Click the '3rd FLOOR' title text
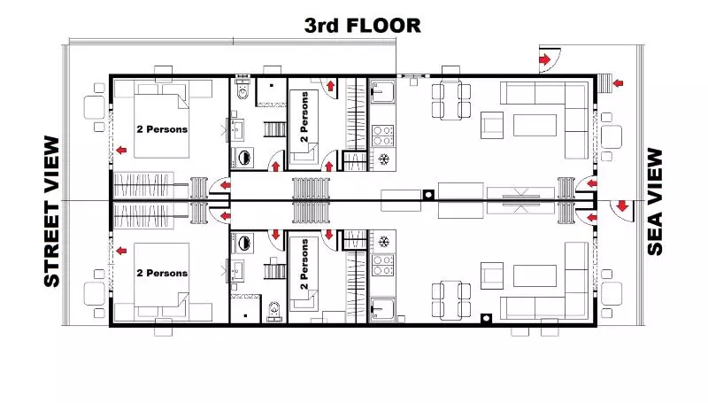pyautogui.click(x=362, y=25)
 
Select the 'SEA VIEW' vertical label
pyautogui.click(x=655, y=202)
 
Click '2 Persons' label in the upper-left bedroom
pyautogui.click(x=162, y=128)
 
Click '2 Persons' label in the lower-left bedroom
pyautogui.click(x=162, y=273)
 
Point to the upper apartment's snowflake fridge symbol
pyautogui.click(x=384, y=159)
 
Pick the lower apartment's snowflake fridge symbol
pyautogui.click(x=384, y=242)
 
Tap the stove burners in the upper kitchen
pyautogui.click(x=383, y=135)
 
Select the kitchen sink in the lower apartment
pyautogui.click(x=383, y=307)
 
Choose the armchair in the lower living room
pyautogui.click(x=492, y=273)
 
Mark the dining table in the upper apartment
pyautogui.click(x=450, y=99)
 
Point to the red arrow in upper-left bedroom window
pyautogui.click(x=118, y=151)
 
